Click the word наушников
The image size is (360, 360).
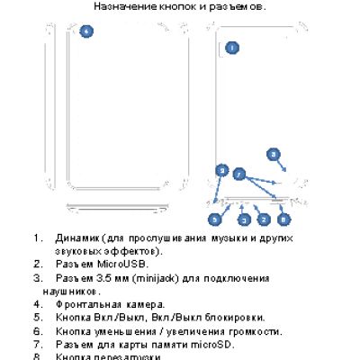pos(69,291)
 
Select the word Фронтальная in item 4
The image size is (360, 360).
pos(90,304)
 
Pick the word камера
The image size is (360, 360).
pos(147,304)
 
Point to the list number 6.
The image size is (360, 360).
pos(37,330)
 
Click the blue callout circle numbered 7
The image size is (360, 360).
pos(239,173)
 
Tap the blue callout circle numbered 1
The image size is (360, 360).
pos(232,48)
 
